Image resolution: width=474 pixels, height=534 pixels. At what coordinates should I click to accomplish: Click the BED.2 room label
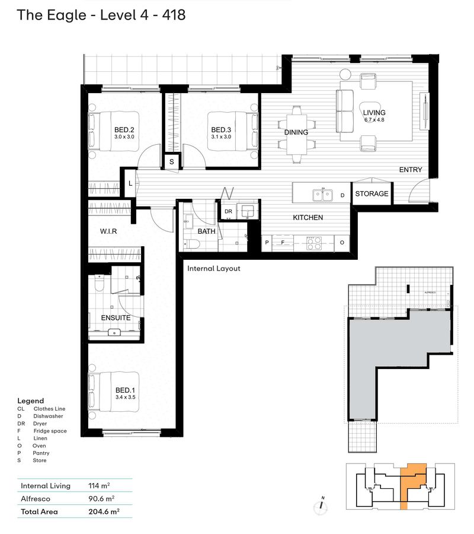(x=125, y=130)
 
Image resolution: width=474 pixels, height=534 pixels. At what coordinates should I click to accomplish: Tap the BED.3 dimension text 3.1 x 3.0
(x=220, y=137)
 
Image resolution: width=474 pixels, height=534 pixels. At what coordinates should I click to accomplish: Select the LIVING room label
(x=374, y=113)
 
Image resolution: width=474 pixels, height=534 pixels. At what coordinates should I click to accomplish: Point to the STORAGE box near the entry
(x=372, y=193)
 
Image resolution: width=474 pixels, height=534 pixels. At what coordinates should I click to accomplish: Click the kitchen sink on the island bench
(x=322, y=193)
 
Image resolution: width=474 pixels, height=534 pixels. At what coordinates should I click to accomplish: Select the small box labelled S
(x=172, y=161)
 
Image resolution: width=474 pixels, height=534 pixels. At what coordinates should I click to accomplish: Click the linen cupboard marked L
(x=130, y=184)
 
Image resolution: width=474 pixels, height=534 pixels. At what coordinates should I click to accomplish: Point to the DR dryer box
(x=228, y=212)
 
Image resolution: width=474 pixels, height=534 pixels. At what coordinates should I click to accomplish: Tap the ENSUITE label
(x=116, y=318)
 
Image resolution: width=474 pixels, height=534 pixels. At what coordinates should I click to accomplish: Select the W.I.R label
(x=108, y=231)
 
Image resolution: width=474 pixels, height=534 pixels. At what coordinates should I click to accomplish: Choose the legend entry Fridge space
(x=50, y=431)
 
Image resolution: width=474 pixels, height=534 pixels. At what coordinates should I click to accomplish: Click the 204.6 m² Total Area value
(x=104, y=511)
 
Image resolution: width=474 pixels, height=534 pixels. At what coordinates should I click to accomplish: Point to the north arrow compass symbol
(x=321, y=505)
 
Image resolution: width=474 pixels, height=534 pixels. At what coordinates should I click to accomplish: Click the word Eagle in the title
(x=64, y=15)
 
